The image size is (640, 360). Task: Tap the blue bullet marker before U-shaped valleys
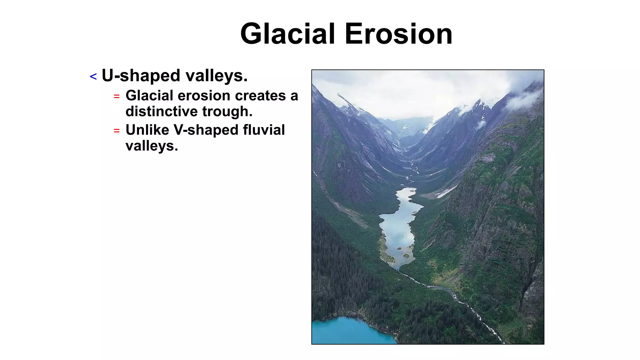tap(93, 77)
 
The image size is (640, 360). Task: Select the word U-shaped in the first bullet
tap(141, 76)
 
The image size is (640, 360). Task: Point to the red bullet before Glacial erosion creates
tap(117, 97)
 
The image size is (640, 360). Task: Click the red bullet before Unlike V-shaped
tap(117, 131)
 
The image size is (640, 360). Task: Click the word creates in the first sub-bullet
tap(260, 96)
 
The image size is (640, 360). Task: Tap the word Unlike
tap(147, 130)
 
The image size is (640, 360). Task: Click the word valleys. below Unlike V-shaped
tap(152, 146)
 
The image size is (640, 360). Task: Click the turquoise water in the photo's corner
tap(347, 331)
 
